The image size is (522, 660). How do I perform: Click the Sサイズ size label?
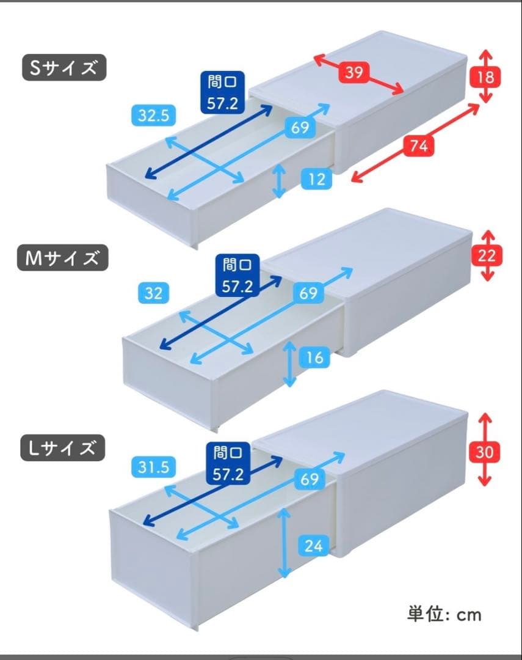tap(63, 68)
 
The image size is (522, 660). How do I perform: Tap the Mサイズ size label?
tap(62, 258)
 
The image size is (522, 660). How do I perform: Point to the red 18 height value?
tap(486, 77)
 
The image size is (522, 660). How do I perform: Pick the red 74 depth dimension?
tap(418, 146)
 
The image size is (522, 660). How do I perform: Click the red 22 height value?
tap(487, 256)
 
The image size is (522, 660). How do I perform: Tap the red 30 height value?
tap(485, 453)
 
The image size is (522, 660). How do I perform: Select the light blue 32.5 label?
tap(153, 116)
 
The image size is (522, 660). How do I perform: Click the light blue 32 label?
tap(154, 293)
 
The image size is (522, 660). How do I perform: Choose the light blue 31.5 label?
tap(153, 468)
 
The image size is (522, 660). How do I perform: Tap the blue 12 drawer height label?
tap(316, 180)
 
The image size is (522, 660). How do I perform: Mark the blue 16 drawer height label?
tap(314, 357)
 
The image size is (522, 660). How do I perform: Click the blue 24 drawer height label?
tap(313, 545)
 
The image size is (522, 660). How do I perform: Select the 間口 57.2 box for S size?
tap(224, 93)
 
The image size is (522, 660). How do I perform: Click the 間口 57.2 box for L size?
tap(228, 464)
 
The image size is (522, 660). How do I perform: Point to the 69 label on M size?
tap(308, 293)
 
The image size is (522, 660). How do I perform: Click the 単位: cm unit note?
tap(444, 614)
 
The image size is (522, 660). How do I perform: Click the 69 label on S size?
tap(300, 128)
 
